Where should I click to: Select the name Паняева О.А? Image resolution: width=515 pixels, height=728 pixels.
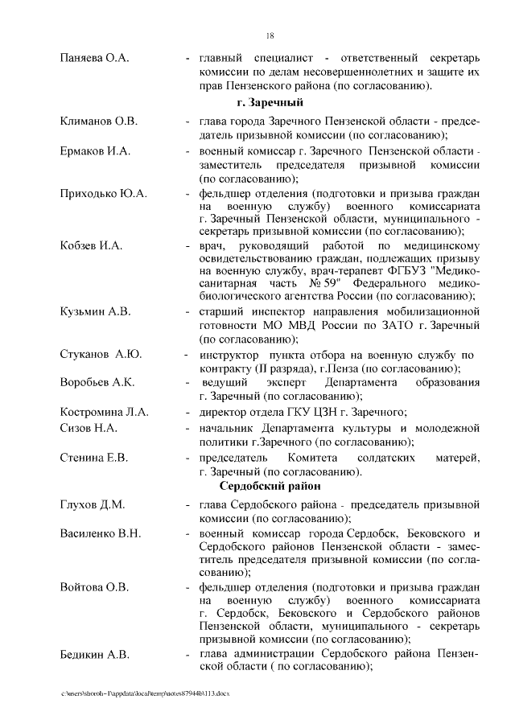(x=95, y=59)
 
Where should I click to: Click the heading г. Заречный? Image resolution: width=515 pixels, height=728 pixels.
(x=270, y=103)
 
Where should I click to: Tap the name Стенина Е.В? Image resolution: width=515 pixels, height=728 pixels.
(x=94, y=457)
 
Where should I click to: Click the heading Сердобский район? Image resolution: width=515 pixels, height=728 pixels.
(x=270, y=486)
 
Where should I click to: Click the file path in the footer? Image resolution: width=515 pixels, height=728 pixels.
(x=145, y=693)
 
